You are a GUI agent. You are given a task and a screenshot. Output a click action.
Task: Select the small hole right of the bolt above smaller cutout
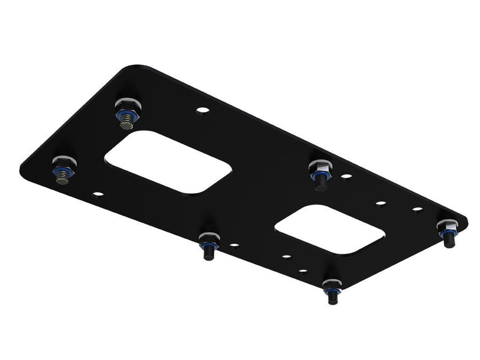tap(346, 176)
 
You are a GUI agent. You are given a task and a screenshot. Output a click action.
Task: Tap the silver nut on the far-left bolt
tap(63, 163)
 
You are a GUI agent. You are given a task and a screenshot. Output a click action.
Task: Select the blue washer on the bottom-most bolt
tap(331, 289)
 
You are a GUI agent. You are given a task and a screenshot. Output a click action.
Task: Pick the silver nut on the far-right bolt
tap(446, 225)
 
